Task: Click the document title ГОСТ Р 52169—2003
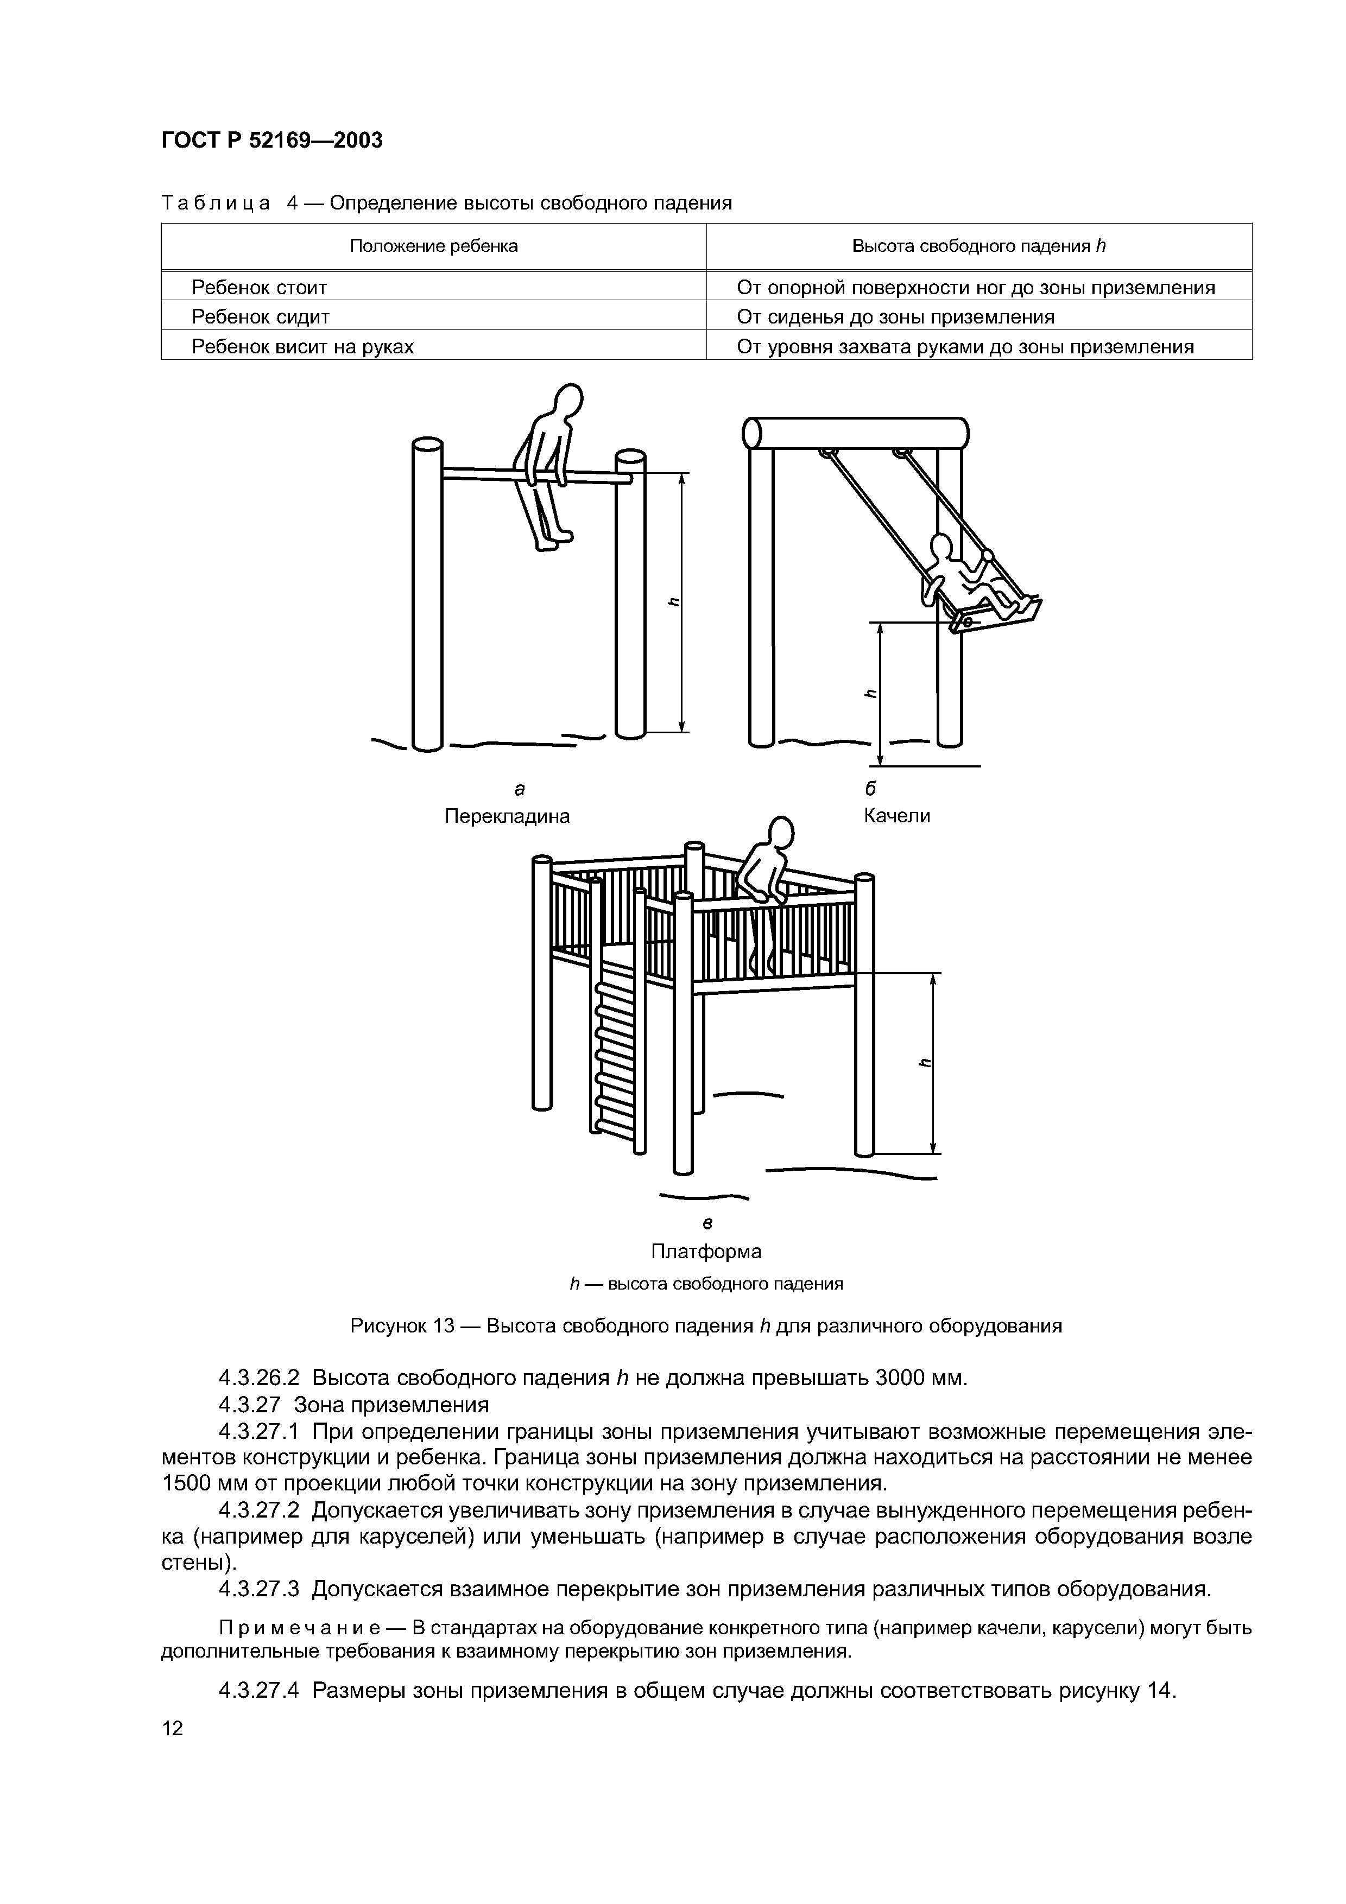[x=271, y=140]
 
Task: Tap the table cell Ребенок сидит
[x=261, y=316]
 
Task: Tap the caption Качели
[x=896, y=815]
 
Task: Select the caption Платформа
[x=706, y=1251]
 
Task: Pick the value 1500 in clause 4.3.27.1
[x=188, y=1483]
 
